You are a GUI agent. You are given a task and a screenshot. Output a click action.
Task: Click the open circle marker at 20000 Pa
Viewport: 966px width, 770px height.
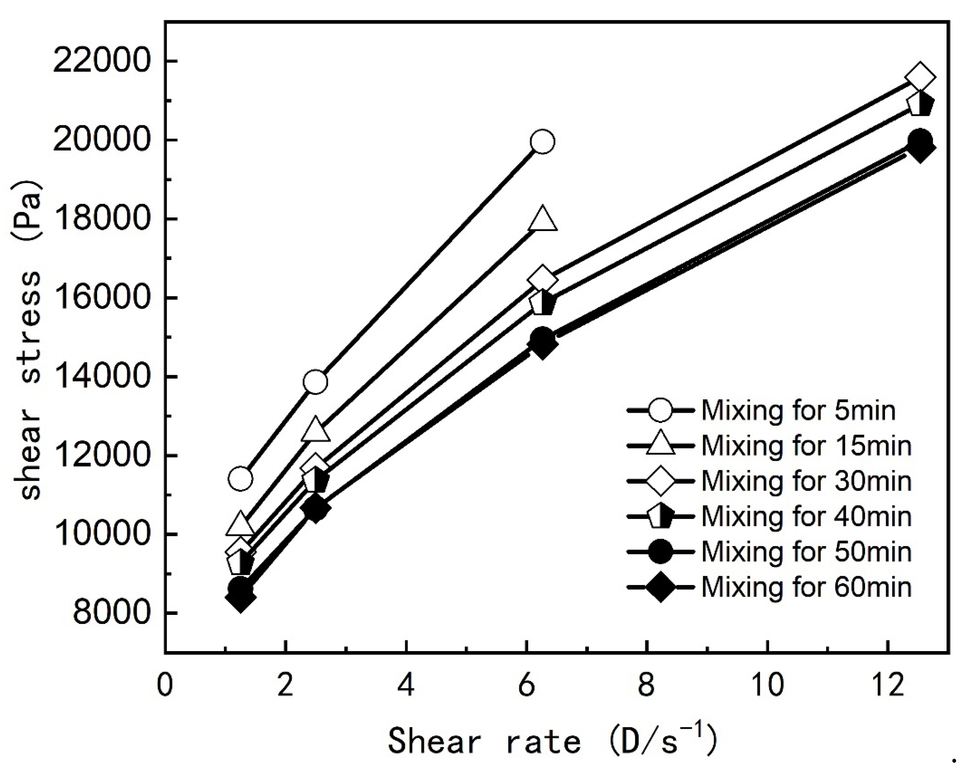[x=542, y=142]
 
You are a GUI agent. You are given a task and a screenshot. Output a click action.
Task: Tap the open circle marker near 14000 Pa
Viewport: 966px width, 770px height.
[x=315, y=382]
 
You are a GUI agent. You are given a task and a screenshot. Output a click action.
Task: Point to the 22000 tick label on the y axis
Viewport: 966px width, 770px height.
[x=100, y=61]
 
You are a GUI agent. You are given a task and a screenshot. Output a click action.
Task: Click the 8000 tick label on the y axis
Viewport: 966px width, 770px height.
[x=110, y=613]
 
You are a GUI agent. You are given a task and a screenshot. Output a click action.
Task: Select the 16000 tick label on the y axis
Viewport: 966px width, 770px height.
[x=100, y=298]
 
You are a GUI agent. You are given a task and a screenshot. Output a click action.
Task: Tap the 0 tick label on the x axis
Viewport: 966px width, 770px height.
[x=165, y=685]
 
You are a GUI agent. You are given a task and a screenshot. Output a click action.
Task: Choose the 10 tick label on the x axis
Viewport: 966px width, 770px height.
[x=767, y=685]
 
